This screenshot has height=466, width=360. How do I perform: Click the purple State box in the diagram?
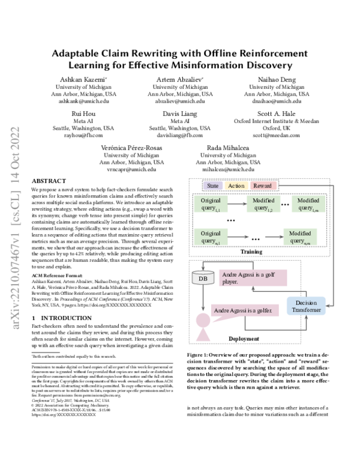pyautogui.click(x=212, y=186)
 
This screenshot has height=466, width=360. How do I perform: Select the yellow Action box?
pyautogui.click(x=236, y=186)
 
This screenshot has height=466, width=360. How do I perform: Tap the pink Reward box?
pyautogui.click(x=262, y=186)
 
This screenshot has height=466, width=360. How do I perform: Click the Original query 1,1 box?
pyautogui.click(x=211, y=204)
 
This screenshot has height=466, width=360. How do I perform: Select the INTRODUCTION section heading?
pyautogui.click(x=56, y=316)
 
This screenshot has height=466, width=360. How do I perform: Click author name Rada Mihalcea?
pyautogui.click(x=229, y=147)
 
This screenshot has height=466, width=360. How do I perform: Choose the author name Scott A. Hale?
pyautogui.click(x=275, y=113)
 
